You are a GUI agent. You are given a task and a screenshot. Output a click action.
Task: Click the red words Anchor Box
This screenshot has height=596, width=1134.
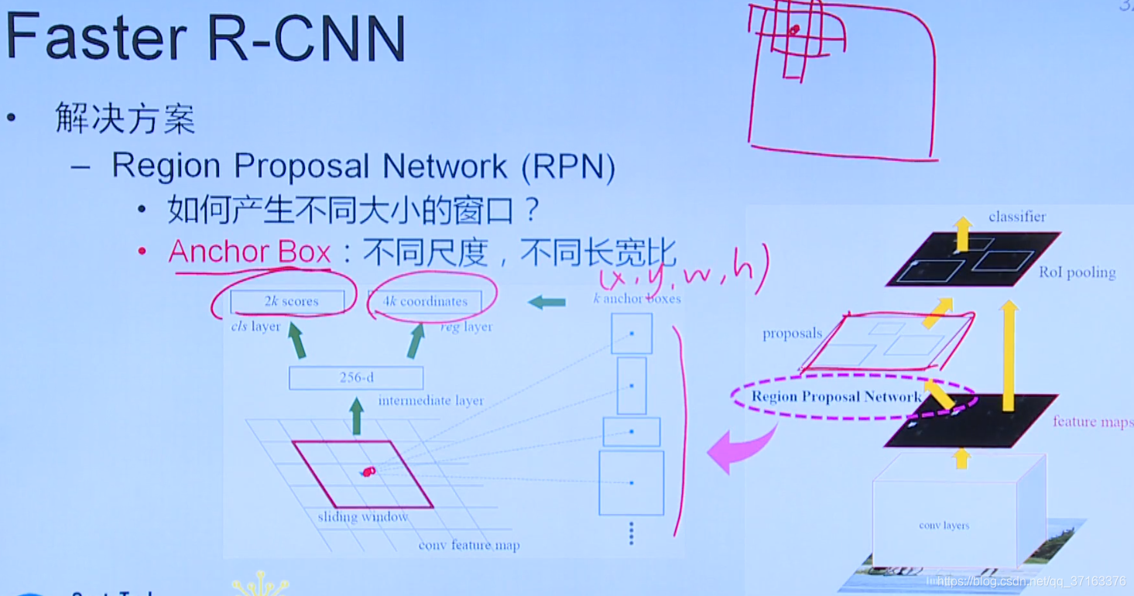coord(249,252)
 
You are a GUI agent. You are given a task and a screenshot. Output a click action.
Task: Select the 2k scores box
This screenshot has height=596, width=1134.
coord(287,301)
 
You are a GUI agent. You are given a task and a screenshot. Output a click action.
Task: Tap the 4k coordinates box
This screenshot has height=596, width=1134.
coord(425,301)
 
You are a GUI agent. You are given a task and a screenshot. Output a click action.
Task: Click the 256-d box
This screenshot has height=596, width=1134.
coord(356,378)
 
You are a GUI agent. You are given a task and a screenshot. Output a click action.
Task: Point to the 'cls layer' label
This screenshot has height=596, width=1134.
coord(255,327)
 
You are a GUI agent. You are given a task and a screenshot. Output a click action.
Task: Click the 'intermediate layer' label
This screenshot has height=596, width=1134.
coord(430,401)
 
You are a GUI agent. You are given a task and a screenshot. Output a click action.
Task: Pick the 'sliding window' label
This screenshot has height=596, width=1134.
coord(362,517)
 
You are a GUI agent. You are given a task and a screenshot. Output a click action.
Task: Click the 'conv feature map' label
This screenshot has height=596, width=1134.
coord(469,545)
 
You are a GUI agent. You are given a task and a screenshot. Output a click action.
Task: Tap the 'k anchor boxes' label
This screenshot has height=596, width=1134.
coord(636,298)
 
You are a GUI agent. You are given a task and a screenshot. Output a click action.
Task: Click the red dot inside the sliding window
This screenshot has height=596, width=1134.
coord(368,471)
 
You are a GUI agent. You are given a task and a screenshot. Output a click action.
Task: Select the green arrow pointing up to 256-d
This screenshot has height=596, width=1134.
coord(356,416)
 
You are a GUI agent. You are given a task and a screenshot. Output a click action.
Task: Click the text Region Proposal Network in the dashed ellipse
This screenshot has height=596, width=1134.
coord(836,397)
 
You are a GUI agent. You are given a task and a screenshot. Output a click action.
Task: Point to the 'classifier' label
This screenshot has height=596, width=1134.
coord(1016,217)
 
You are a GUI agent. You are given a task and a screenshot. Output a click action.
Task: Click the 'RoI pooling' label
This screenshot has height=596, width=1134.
coord(1077,272)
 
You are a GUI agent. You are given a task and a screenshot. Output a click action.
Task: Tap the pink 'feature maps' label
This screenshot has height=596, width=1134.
coord(1092,422)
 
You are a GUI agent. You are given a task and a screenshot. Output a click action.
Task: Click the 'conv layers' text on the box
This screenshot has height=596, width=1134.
coord(944,526)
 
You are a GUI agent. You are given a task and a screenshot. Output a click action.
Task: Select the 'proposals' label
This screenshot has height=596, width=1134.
coord(792,334)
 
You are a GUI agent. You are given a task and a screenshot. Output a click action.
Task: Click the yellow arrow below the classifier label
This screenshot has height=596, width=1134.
coord(962,234)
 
